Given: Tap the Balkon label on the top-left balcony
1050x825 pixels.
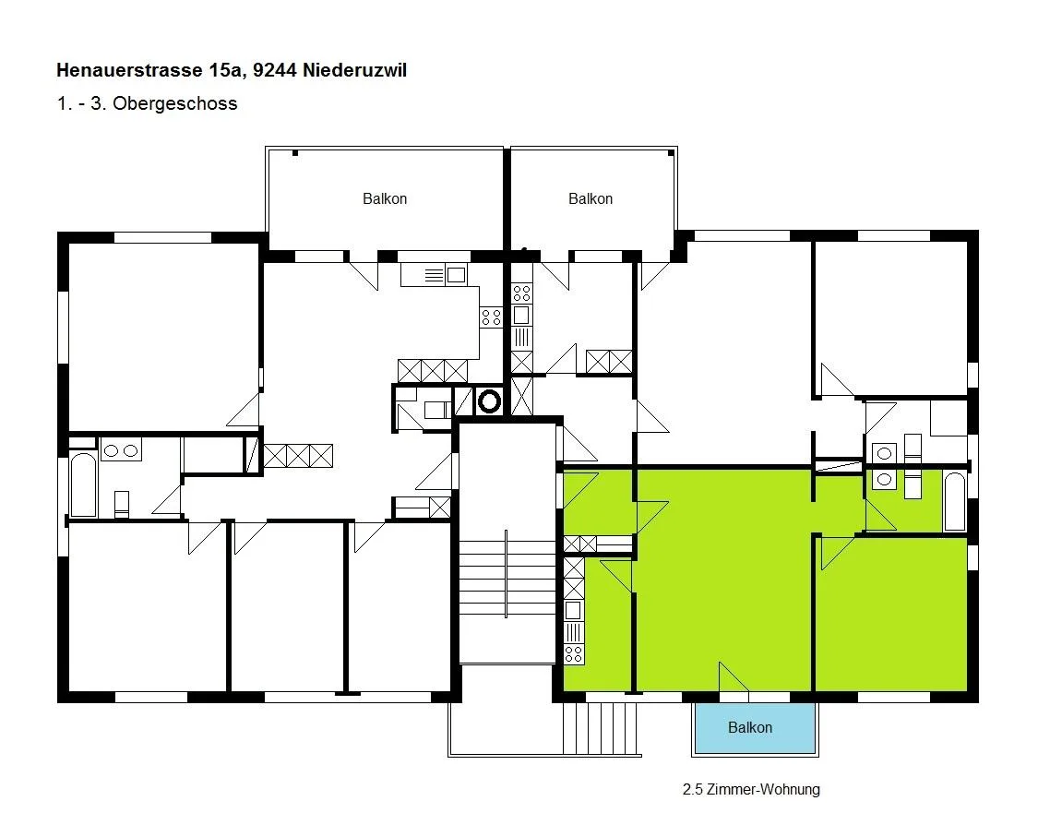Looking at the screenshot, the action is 385,199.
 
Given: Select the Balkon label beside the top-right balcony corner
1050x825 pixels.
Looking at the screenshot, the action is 590,199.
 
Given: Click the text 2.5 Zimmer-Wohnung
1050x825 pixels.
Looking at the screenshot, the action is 751,790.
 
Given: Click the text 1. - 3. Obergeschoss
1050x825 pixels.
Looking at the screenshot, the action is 148,103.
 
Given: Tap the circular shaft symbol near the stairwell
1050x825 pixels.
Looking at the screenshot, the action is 489,401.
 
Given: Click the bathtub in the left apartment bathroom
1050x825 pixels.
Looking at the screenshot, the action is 84,485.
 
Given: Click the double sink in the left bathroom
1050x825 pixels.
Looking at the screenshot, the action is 121,450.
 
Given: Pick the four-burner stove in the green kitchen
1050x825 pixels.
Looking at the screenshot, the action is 573,654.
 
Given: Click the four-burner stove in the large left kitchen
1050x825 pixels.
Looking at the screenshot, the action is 491,317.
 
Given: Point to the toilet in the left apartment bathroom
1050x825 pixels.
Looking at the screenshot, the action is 121,504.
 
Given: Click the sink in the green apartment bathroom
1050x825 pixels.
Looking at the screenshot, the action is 884,479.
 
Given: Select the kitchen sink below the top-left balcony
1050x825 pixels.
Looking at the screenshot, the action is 456,275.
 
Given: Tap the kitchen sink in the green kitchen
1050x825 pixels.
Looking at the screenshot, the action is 573,611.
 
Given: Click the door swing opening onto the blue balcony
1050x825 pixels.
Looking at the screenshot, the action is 734,676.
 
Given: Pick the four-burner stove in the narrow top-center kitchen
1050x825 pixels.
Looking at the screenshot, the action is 521,293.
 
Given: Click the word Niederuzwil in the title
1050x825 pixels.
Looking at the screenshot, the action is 355,70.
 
